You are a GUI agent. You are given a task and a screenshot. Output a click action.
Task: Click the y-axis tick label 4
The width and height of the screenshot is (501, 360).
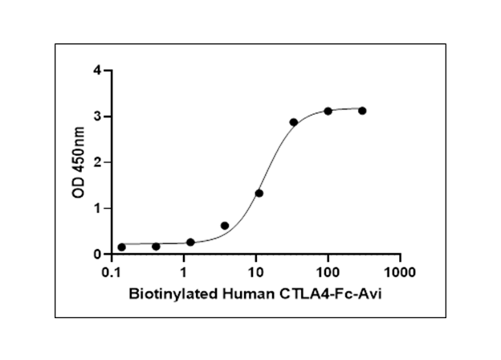point(96,71)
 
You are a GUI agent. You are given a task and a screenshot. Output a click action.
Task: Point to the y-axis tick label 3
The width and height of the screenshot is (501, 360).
point(96,117)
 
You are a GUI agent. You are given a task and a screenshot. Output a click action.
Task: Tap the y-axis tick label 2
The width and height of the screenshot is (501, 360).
point(96,162)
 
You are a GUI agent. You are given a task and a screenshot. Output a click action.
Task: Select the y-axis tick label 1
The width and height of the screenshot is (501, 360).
point(96,208)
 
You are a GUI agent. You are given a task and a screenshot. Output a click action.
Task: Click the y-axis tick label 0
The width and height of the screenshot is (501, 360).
point(96,254)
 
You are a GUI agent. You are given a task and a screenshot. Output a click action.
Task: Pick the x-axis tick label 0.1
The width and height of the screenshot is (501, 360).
point(112,272)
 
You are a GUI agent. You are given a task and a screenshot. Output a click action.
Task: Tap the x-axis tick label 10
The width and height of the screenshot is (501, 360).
point(255,272)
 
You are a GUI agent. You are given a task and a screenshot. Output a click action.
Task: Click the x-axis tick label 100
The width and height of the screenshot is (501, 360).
point(328,272)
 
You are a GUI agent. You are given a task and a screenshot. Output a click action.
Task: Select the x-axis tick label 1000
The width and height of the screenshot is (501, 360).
point(399,272)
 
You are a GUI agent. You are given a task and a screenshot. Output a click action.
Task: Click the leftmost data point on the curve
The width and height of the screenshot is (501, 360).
point(122,247)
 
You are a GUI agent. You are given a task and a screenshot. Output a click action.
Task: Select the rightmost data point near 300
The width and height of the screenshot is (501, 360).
point(362,110)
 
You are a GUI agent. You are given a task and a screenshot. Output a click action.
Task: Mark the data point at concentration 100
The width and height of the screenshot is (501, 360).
point(328,111)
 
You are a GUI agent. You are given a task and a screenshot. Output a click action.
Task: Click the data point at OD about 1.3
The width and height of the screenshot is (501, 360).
point(259,193)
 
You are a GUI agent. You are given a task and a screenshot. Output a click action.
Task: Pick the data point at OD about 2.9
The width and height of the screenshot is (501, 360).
point(294,122)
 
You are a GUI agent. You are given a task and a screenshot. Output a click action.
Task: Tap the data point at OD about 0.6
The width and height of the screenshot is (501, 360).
point(225,226)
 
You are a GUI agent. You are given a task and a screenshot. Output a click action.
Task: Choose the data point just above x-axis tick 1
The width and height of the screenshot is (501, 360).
point(190,242)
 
